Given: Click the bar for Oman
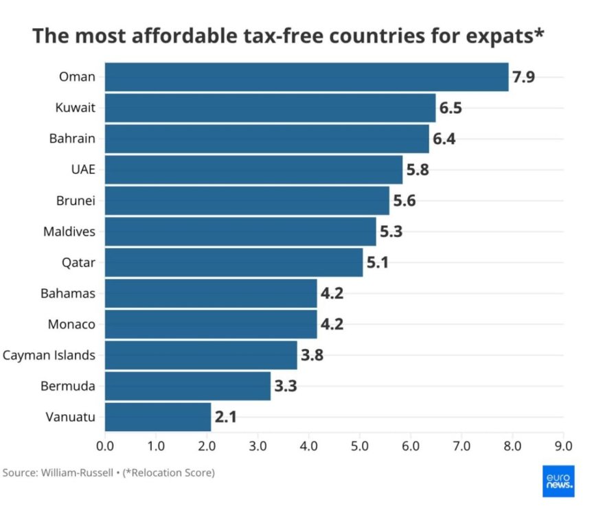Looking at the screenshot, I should tap(306, 77).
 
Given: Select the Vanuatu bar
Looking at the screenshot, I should tap(158, 417).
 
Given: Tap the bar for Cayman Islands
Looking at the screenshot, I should tap(201, 355).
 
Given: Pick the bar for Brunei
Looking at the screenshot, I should tap(247, 201).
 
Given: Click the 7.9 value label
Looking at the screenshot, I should tap(523, 77).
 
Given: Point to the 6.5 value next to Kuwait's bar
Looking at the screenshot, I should tap(451, 108).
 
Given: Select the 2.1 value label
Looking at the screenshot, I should tap(225, 417).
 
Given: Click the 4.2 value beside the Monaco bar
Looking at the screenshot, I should tap(332, 324).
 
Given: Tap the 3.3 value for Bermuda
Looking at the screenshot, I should tap(285, 386).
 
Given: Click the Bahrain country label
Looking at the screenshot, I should tap(72, 139).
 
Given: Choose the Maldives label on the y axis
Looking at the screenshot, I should tap(69, 231).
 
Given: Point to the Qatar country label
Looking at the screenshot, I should tap(78, 262).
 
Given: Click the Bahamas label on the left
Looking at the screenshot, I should tap(68, 293).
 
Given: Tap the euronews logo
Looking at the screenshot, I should tap(558, 481).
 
